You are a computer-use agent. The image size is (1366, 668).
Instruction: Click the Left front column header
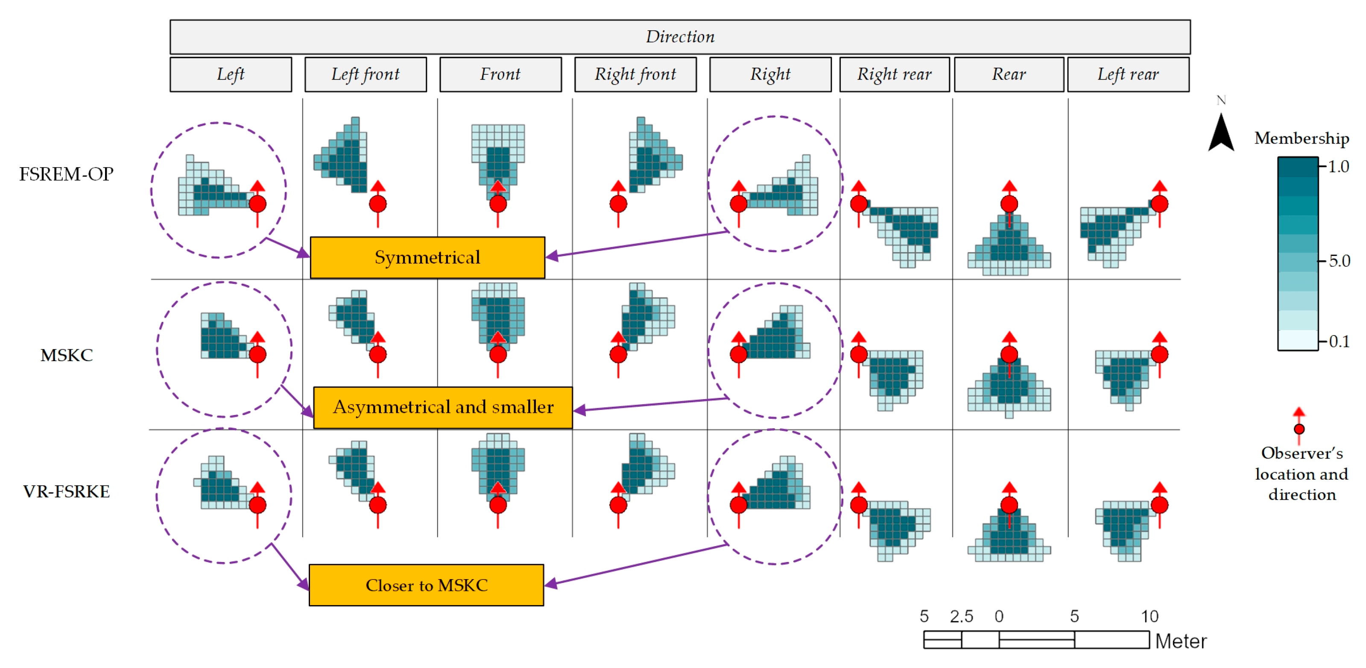[x=366, y=74]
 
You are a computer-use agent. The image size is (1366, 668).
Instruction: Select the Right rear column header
[x=894, y=74]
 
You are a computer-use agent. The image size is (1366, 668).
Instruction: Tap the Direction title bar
[x=680, y=37]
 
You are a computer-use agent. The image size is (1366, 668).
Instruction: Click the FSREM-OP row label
[x=66, y=174]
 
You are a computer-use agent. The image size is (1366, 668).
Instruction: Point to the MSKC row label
[x=66, y=355]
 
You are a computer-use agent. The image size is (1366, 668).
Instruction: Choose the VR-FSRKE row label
[x=66, y=491]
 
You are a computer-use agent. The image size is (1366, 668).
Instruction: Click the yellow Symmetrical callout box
[x=427, y=257]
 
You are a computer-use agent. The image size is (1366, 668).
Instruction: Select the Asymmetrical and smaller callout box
[x=443, y=407]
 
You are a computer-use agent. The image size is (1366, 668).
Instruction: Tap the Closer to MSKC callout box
[x=426, y=585]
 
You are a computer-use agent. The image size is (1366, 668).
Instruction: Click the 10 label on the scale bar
[x=1150, y=616]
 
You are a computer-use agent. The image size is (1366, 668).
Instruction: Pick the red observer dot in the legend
[x=1299, y=429]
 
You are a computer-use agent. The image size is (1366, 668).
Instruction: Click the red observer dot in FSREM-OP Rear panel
[x=1009, y=204]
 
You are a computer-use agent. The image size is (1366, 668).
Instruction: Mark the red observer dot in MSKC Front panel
[x=498, y=354]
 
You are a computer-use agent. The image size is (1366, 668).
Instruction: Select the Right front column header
[x=635, y=74]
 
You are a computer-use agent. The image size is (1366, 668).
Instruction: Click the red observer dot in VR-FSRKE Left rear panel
[x=1160, y=505]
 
